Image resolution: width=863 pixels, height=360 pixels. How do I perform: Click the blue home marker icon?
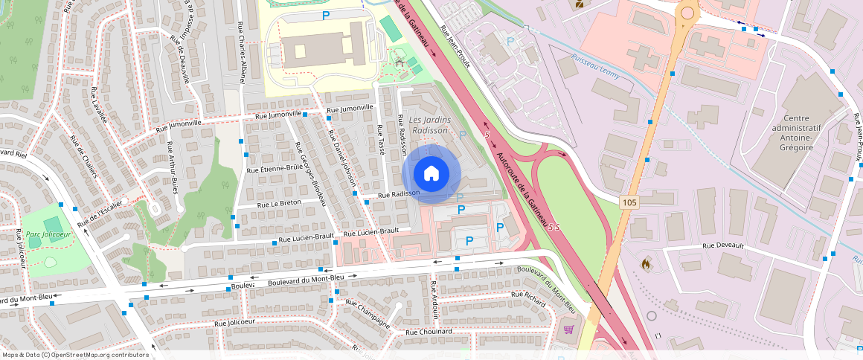431,173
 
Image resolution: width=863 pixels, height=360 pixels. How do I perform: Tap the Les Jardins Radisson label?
430,125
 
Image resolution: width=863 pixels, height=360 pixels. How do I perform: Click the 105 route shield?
629,202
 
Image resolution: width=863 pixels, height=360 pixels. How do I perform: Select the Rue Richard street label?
529,295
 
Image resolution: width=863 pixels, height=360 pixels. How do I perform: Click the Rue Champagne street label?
367,315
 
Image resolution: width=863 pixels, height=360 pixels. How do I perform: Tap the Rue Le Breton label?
279,203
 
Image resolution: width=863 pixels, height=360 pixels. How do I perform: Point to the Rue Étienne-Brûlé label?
272,169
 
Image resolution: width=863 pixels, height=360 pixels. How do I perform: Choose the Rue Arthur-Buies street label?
172,167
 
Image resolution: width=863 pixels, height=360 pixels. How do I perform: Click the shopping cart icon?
569,330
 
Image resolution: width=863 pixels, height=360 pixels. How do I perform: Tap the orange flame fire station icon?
645,263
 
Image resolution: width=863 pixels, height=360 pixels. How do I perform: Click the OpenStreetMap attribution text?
74,355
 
